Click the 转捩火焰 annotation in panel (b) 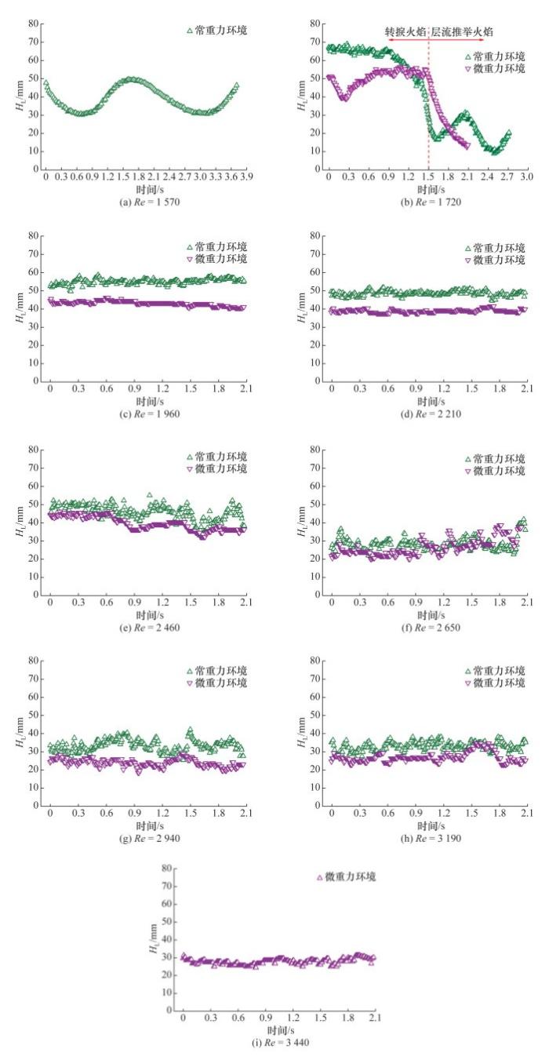pos(405,31)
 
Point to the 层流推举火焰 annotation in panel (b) pos(464,31)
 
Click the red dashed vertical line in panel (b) pos(429,102)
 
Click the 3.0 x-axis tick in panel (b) pos(526,177)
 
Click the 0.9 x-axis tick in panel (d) pos(415,389)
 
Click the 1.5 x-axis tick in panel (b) pos(429,177)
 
